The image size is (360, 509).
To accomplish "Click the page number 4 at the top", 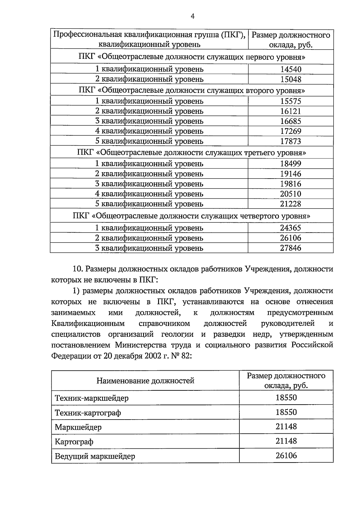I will pyautogui.click(x=193, y=17).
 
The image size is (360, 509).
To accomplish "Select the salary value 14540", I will pyautogui.click(x=290, y=69).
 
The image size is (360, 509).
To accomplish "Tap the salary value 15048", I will pyautogui.click(x=290, y=79).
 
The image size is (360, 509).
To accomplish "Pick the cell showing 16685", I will pyautogui.click(x=290, y=121).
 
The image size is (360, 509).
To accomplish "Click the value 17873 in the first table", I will pyautogui.click(x=290, y=141).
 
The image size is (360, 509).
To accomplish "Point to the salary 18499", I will pyautogui.click(x=290, y=164).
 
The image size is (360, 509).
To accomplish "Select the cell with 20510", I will pyautogui.click(x=290, y=194).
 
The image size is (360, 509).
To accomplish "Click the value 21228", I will pyautogui.click(x=290, y=204).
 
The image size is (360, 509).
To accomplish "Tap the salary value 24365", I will pyautogui.click(x=290, y=228).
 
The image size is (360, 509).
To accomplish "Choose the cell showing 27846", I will pyautogui.click(x=290, y=248).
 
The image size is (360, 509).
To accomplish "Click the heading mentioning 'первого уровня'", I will pyautogui.click(x=192, y=57).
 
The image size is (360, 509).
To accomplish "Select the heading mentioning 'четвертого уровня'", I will pyautogui.click(x=192, y=216).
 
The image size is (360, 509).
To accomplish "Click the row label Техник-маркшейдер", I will pyautogui.click(x=91, y=398).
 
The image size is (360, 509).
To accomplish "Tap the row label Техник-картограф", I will pyautogui.click(x=88, y=413).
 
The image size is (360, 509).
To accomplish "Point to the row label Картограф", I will pyautogui.click(x=74, y=442).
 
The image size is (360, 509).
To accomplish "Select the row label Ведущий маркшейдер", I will pyautogui.click(x=95, y=456).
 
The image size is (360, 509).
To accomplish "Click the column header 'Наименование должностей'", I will pyautogui.click(x=145, y=381).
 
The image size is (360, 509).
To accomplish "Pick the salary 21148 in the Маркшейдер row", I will pyautogui.click(x=286, y=426).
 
